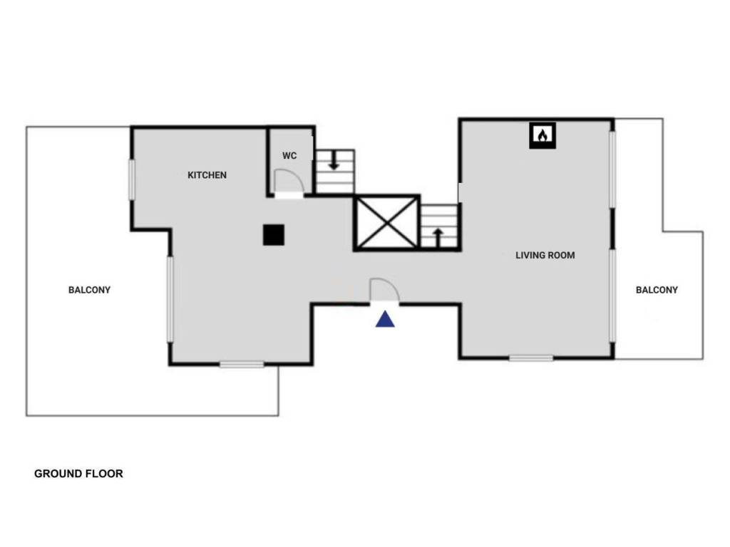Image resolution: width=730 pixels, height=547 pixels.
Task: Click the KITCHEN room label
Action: click(207, 174)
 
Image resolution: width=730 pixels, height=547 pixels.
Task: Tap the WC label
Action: click(289, 156)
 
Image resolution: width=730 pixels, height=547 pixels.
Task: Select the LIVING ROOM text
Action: click(545, 255)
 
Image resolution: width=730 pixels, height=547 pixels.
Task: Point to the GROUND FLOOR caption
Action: click(78, 473)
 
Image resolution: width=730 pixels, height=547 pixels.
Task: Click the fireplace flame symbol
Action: click(543, 135)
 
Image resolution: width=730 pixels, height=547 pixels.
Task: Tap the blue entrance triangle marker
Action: click(385, 319)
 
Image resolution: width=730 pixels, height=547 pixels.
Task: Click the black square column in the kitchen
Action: click(274, 234)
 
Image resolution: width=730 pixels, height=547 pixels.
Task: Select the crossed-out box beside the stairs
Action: click(386, 222)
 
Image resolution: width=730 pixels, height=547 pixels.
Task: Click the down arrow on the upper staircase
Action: click(334, 163)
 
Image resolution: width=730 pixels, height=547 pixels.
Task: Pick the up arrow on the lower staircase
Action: click(438, 236)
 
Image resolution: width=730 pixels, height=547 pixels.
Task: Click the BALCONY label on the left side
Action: click(90, 290)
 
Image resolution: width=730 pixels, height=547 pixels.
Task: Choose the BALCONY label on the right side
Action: click(657, 290)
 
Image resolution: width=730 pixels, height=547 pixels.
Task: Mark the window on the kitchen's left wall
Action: click(132, 179)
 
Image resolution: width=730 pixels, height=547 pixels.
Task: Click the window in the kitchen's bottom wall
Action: click(242, 365)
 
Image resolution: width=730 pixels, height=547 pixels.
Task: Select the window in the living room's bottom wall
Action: click(531, 358)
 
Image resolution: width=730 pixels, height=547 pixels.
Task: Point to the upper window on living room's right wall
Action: click(612, 170)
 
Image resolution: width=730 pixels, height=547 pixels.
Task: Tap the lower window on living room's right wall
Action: click(612, 295)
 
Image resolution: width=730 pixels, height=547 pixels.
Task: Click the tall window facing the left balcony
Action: click(170, 299)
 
